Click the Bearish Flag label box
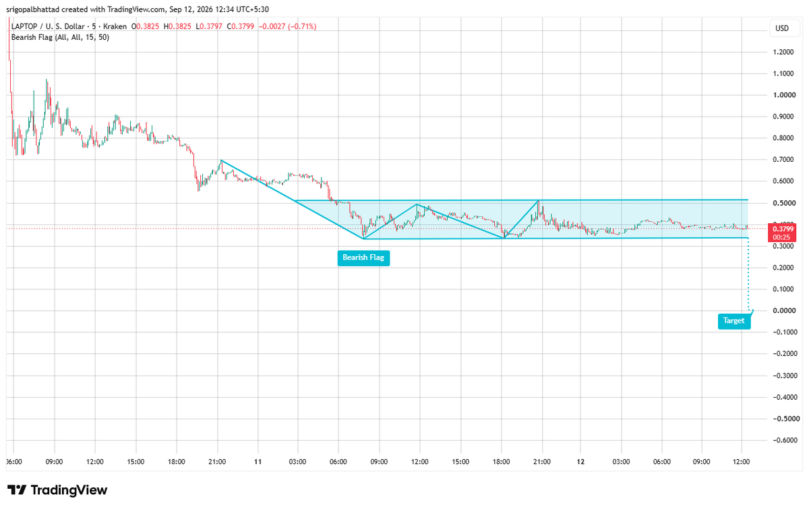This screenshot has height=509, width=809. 363,258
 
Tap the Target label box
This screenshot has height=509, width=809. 734,321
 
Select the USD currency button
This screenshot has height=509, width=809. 782,28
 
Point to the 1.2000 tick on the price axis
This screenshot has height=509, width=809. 783,52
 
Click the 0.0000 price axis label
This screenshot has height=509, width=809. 783,311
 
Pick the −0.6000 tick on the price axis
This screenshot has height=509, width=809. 785,440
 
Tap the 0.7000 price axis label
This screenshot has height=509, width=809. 783,159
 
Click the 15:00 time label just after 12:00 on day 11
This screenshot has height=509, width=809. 460,462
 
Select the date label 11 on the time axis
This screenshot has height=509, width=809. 258,462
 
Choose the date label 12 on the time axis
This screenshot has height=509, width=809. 580,462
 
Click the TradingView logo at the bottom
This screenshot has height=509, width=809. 57,490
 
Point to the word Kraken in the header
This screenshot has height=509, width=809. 115,26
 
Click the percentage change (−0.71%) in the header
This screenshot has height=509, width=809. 302,26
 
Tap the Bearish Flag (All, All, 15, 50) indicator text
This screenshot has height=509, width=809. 60,37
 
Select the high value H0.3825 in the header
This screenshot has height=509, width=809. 177,26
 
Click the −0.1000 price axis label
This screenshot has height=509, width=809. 785,332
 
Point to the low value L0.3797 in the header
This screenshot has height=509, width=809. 209,26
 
